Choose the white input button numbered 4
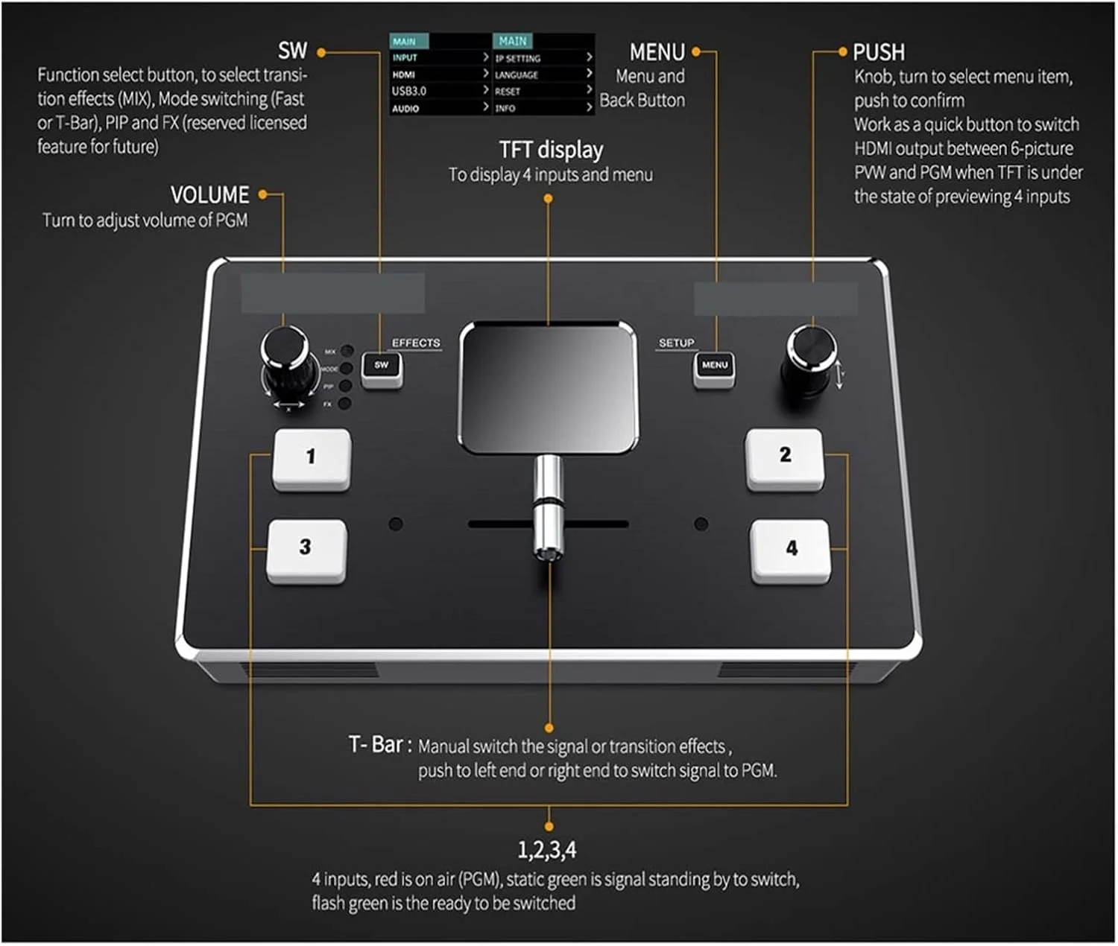790,550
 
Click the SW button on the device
382,367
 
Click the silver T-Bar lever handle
548,507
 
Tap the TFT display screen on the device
549,387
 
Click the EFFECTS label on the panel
416,343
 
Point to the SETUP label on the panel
676,343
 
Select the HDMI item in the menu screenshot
404,74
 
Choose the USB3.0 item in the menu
409,91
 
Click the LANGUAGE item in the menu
516,74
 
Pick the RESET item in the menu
508,91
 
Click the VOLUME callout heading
209,195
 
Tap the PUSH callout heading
879,52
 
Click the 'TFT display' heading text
551,150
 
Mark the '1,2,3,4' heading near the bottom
547,850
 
